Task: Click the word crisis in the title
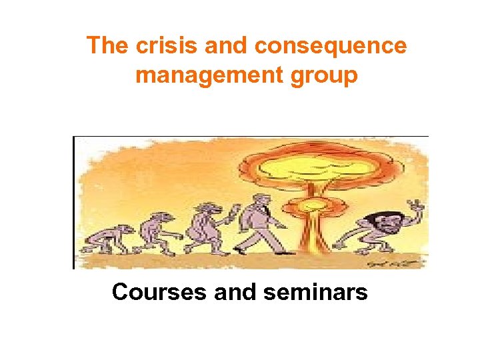[x=157, y=46]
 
